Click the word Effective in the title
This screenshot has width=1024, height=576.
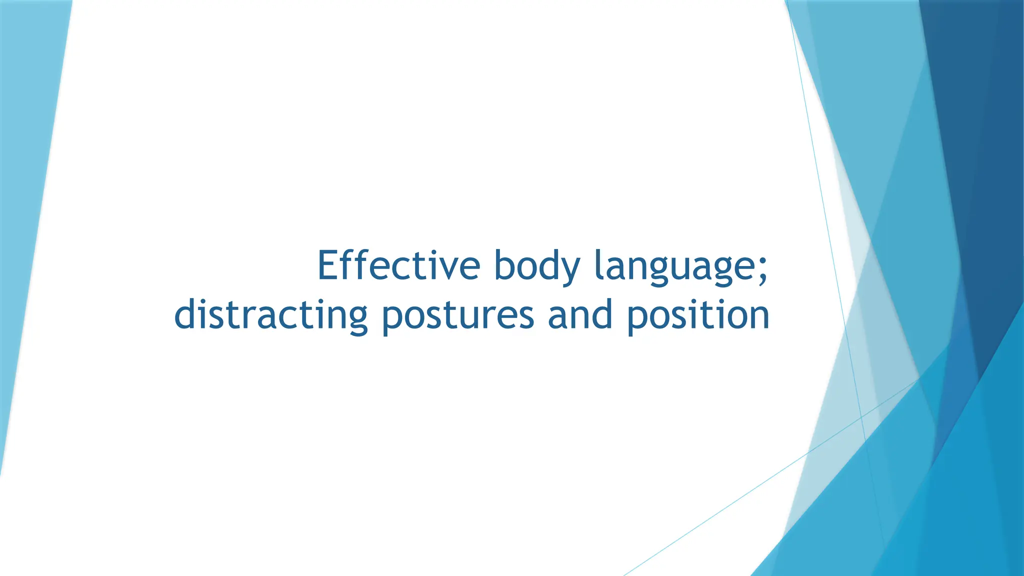point(398,266)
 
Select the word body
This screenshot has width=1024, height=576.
point(536,266)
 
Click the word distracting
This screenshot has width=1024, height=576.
point(270,315)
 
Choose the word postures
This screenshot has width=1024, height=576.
point(457,315)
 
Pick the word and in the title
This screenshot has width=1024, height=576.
point(580,315)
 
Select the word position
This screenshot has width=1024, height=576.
point(698,315)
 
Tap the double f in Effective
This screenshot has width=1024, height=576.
point(355,265)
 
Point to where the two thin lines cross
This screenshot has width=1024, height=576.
point(861,416)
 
